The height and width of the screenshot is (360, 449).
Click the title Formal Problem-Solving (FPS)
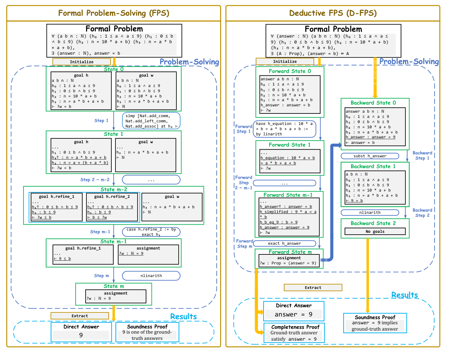[x=114, y=13]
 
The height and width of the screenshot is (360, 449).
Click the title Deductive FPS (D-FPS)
[x=333, y=13]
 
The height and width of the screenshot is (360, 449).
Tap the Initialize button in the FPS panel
[x=82, y=62]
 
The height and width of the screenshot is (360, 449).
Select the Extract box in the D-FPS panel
[x=313, y=287]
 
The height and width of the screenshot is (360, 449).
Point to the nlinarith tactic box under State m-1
[x=151, y=276]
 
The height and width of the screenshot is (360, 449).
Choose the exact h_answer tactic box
[x=284, y=243]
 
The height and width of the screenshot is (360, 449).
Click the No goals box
[x=375, y=231]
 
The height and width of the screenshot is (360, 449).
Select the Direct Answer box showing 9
[x=81, y=332]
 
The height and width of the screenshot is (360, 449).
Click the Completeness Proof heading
[x=294, y=327]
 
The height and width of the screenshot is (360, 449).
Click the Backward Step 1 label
[x=422, y=155]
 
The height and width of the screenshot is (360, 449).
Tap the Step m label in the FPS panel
[x=101, y=276]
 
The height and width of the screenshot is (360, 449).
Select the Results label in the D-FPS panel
[x=404, y=295]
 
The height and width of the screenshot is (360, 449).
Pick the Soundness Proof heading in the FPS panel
[x=147, y=327]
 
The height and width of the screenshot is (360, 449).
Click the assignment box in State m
[x=116, y=296]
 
